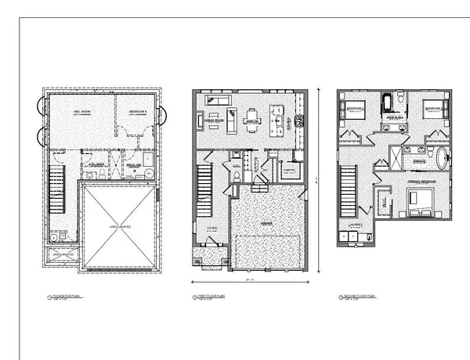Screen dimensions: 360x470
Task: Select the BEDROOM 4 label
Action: click(138, 111)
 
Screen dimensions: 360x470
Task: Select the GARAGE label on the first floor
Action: click(267, 222)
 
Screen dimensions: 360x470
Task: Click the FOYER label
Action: click(211, 229)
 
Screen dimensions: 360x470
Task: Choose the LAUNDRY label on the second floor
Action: click(356, 224)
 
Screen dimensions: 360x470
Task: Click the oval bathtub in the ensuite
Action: click(444, 156)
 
